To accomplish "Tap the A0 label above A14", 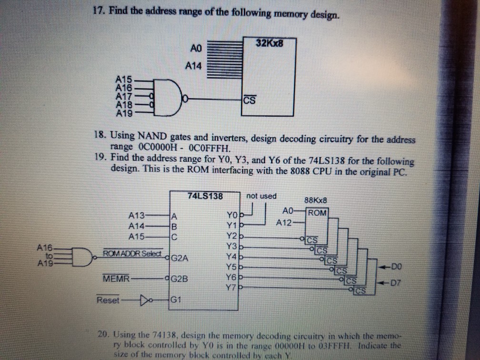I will tap(196, 49).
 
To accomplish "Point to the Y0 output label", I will tap(232, 214).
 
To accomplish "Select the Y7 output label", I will tap(232, 287).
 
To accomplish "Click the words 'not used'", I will tap(261, 196).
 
